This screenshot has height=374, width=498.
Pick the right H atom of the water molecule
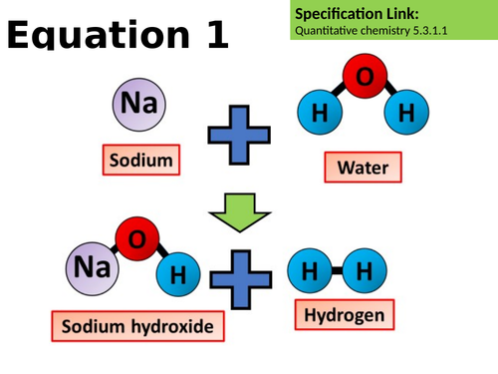click(404, 115)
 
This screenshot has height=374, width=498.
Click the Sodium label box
click(139, 159)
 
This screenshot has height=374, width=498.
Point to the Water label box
click(363, 167)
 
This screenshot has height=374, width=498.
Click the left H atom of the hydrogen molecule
click(311, 271)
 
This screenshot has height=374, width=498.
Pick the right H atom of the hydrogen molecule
click(364, 271)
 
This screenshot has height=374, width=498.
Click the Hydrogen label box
click(339, 317)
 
